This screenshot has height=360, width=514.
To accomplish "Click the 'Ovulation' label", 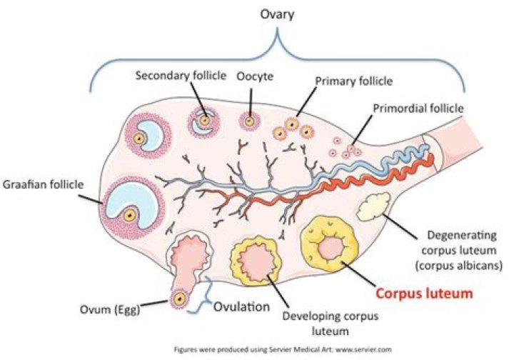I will (x=241, y=308).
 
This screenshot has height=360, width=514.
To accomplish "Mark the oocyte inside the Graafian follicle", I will (x=129, y=214).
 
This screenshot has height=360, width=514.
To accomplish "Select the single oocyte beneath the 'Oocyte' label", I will (x=250, y=122).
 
